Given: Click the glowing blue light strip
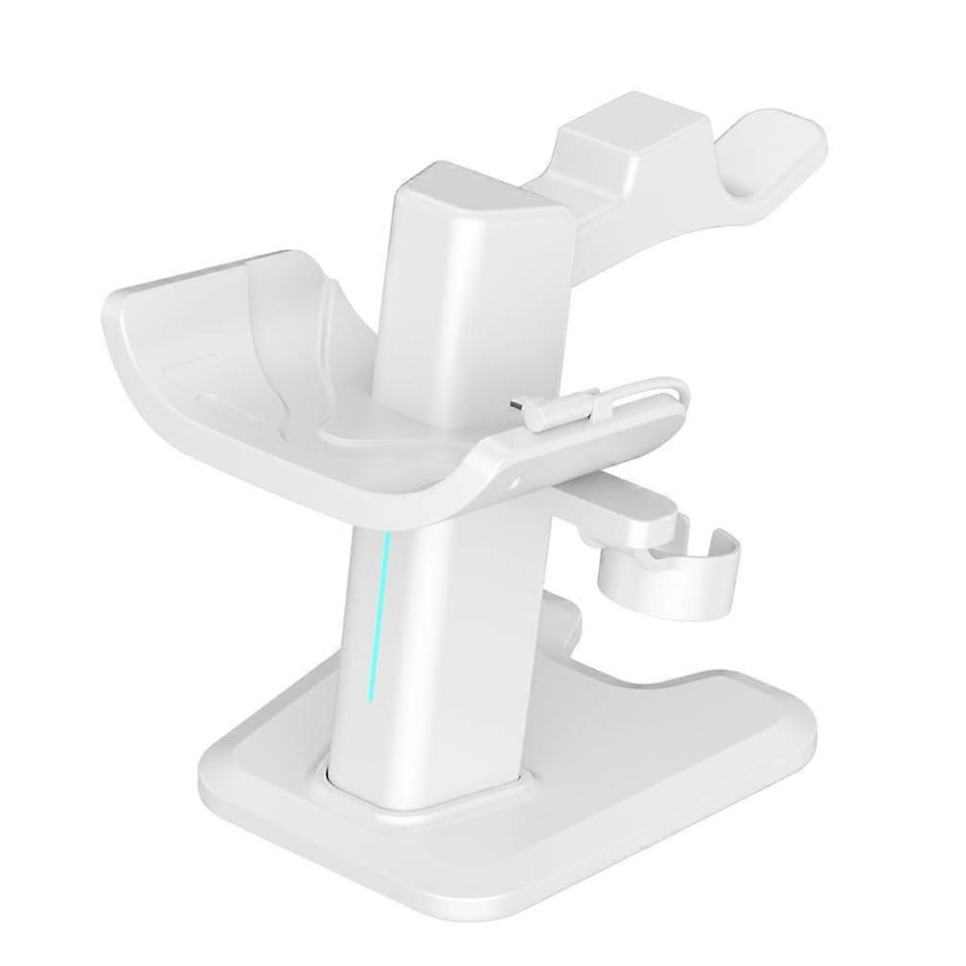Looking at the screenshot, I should point(378,613).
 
